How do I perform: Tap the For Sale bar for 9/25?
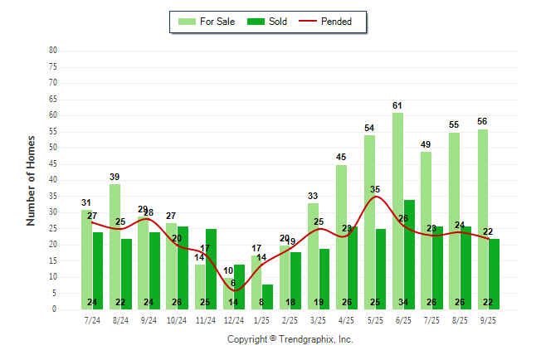(482, 219)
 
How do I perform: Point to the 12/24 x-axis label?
(233, 319)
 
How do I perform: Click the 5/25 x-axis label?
(375, 319)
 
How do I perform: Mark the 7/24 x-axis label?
(92, 319)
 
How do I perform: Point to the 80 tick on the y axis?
(53, 51)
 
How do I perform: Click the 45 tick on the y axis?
(53, 164)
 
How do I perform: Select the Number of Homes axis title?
(32, 180)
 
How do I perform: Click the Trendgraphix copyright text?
(290, 339)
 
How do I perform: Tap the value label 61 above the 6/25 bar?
(397, 105)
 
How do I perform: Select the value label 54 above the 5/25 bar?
(369, 128)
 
